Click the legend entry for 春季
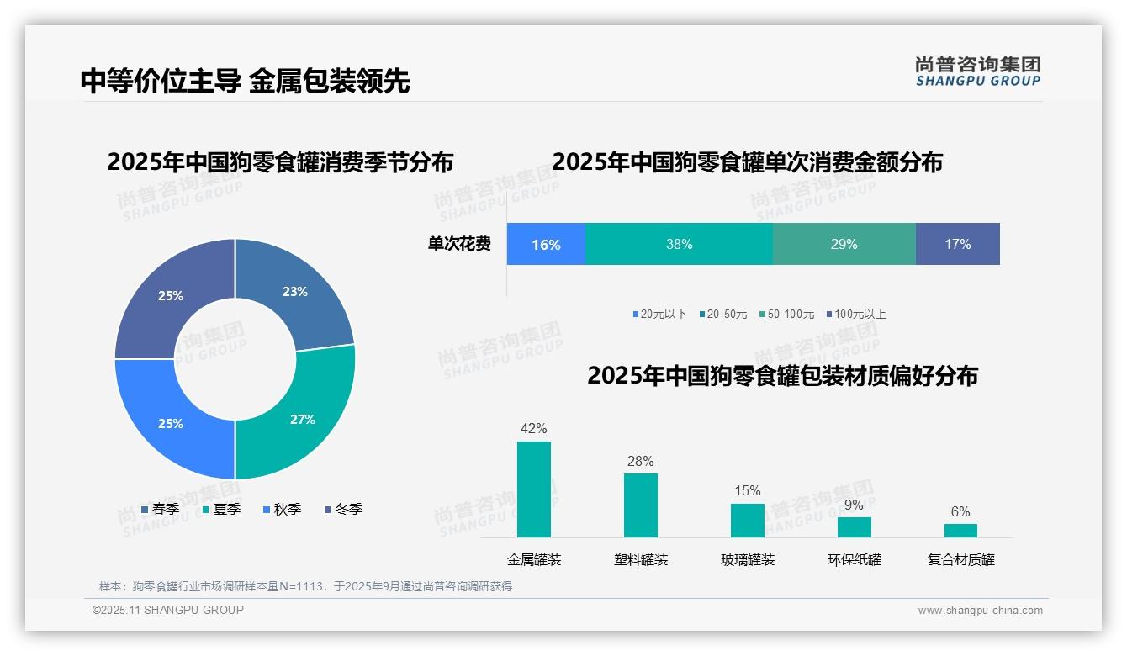(160, 509)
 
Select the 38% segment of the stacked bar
(679, 244)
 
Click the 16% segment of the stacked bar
(546, 244)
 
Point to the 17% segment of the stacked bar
(957, 244)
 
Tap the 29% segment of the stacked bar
(844, 244)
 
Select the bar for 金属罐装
(534, 489)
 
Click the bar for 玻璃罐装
(748, 521)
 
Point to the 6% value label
(960, 511)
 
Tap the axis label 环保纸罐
(855, 559)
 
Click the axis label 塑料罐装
(641, 559)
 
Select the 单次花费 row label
(459, 244)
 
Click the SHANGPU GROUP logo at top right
(977, 71)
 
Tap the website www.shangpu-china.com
(980, 610)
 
